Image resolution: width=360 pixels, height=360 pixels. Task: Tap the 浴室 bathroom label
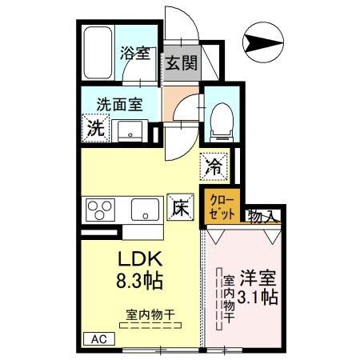[134, 54]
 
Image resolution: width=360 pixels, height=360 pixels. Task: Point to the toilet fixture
[219, 118]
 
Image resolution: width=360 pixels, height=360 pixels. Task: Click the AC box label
[99, 339]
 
